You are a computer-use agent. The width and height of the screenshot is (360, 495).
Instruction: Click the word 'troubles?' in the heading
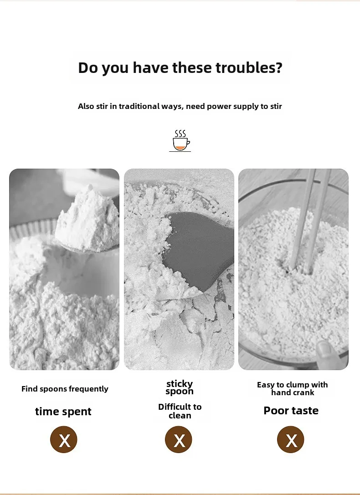pos(249,67)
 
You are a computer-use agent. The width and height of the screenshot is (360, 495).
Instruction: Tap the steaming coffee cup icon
pos(180,141)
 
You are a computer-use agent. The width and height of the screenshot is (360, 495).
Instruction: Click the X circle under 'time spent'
pos(64,439)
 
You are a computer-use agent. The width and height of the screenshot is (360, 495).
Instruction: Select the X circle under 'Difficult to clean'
pos(179,439)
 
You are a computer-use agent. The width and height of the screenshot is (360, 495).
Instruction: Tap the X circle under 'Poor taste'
pos(291,439)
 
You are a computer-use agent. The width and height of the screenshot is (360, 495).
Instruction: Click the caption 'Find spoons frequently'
pos(65,389)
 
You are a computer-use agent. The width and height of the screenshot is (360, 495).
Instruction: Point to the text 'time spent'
pos(63,412)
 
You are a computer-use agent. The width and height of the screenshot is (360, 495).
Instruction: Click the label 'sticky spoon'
pos(180,388)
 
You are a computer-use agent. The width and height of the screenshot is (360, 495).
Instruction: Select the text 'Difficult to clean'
pos(180,411)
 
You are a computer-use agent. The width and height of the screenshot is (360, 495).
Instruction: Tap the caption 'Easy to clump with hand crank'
pos(293,389)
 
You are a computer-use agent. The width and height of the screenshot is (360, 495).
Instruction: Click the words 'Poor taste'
pos(291,411)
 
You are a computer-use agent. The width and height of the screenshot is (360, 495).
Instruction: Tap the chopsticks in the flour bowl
pos(310,221)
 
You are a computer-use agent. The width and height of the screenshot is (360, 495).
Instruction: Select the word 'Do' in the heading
pos(87,68)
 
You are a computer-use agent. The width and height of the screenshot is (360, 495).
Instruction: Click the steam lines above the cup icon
pos(180,134)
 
